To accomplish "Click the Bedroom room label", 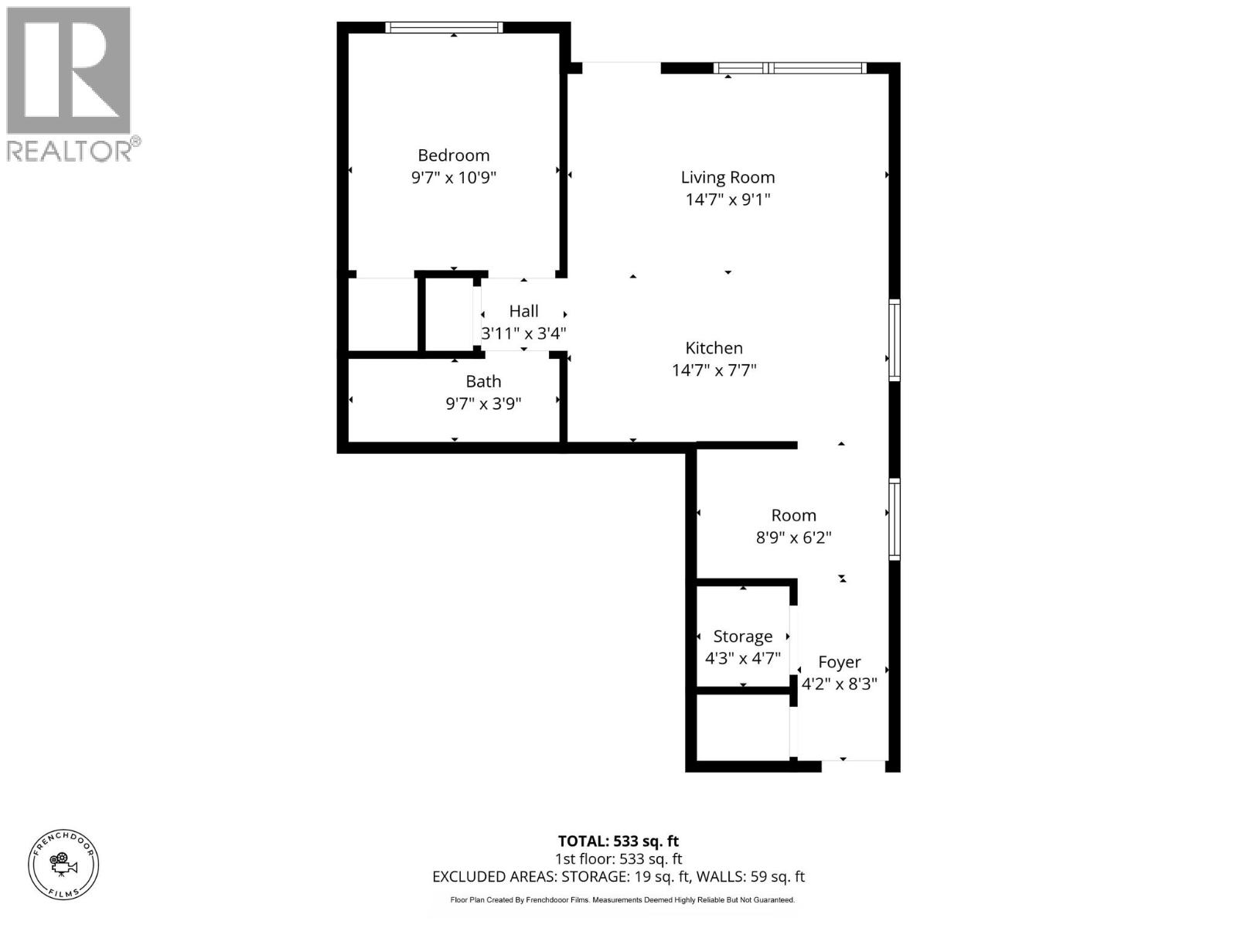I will (x=453, y=155).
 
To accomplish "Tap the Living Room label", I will (x=728, y=177).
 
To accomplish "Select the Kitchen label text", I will (x=714, y=348).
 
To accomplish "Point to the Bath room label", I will (x=483, y=381).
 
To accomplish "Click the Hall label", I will (x=523, y=311).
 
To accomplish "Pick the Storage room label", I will (x=742, y=636).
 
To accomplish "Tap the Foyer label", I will (x=839, y=662).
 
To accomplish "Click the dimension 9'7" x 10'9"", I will (x=453, y=178).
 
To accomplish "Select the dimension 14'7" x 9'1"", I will (x=728, y=200).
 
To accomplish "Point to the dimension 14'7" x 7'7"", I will (x=714, y=370).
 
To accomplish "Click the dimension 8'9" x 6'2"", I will (x=793, y=537).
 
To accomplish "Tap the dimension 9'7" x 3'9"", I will (x=483, y=404).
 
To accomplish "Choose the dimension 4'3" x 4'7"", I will (x=742, y=659).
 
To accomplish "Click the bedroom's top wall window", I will (x=444, y=28).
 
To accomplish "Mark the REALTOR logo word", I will (x=70, y=150).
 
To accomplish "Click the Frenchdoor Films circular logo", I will (x=63, y=864).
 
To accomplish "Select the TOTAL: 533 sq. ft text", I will (x=618, y=841).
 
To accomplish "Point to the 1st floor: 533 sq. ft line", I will (x=618, y=859).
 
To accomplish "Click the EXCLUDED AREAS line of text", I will (x=618, y=877).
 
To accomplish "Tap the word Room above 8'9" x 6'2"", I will (x=793, y=515).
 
